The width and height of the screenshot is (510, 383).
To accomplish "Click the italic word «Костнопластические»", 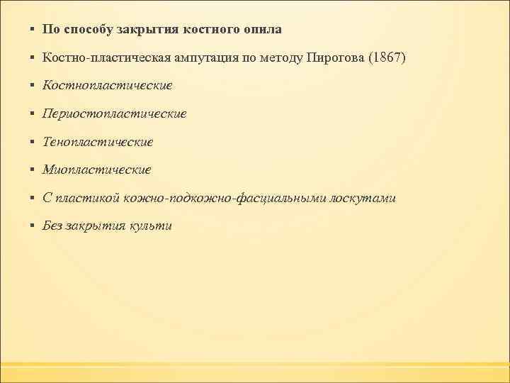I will [x=108, y=86].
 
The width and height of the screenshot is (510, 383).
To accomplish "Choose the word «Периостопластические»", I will [x=115, y=113].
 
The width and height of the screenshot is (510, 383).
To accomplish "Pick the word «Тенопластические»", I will [x=98, y=142].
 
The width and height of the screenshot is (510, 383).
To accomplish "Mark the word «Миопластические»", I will [x=97, y=170].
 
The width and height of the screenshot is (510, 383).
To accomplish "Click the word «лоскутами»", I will [x=362, y=198].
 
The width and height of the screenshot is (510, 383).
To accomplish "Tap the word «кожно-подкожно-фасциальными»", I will [x=225, y=198].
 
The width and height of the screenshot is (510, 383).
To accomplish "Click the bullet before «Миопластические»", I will [x=33, y=170].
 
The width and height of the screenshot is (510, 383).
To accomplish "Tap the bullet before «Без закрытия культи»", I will [x=33, y=226].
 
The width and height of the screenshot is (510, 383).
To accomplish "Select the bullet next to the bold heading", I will [x=33, y=30].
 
